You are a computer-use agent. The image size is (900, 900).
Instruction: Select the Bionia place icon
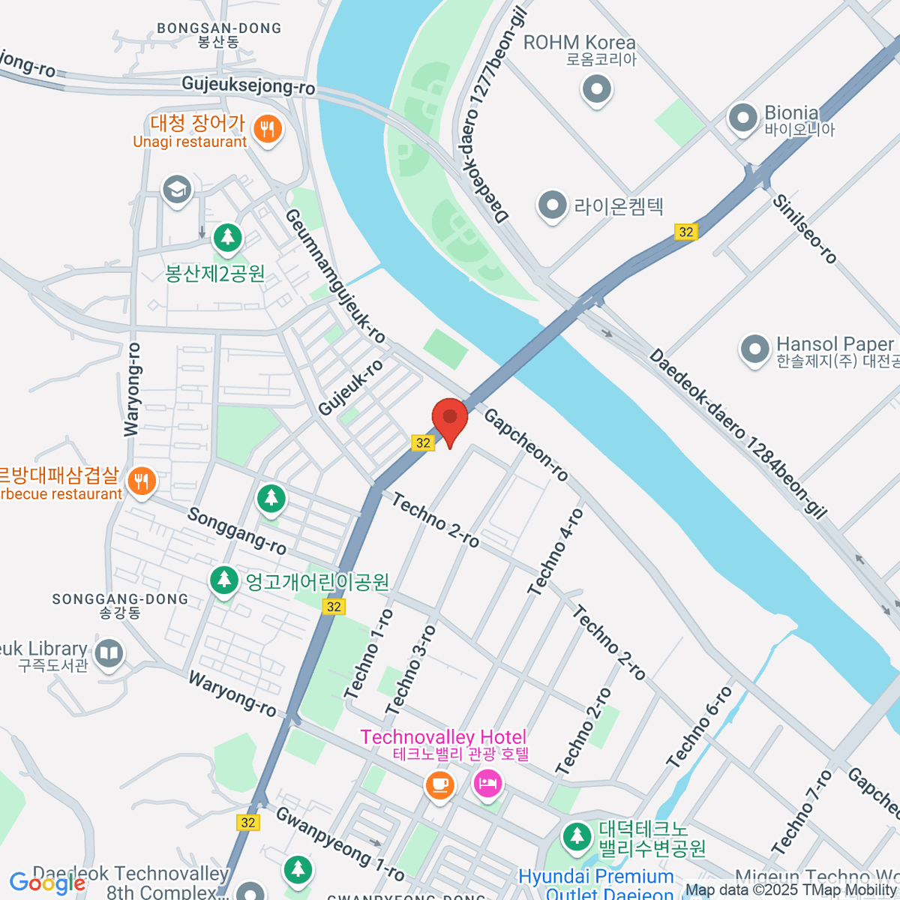pos(743,118)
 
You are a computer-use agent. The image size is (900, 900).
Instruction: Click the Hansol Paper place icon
pos(754,349)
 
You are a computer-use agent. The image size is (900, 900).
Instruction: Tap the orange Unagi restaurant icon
pos(266,129)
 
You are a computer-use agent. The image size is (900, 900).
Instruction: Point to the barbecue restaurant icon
pos(142,480)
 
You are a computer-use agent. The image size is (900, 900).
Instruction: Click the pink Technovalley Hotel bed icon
pos(488,784)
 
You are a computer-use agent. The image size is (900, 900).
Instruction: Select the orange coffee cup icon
pos(439,784)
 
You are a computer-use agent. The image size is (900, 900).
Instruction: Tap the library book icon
pos(109,652)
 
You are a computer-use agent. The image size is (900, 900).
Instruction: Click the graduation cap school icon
pos(177,189)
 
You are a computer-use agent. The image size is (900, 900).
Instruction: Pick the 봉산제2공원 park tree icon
pos(227,238)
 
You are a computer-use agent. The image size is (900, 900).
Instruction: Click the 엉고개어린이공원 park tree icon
pos(223,580)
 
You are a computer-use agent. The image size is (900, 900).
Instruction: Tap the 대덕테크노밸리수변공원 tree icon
pos(577,836)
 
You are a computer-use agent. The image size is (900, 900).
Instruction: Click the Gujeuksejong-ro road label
pos(248,85)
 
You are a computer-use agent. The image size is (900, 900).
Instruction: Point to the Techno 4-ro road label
pos(556,553)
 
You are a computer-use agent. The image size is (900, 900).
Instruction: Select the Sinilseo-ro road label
pos(805,229)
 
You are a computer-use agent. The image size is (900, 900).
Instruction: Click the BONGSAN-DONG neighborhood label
pos(219,28)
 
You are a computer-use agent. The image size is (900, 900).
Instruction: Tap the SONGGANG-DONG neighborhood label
pos(120,599)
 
